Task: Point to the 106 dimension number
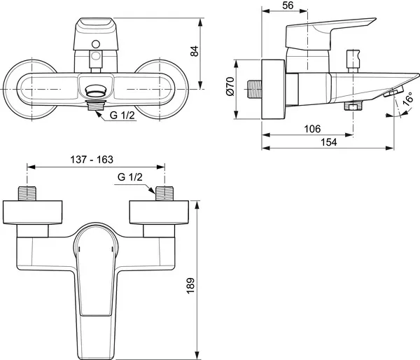pos(312,130)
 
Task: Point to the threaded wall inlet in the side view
pos(255,91)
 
